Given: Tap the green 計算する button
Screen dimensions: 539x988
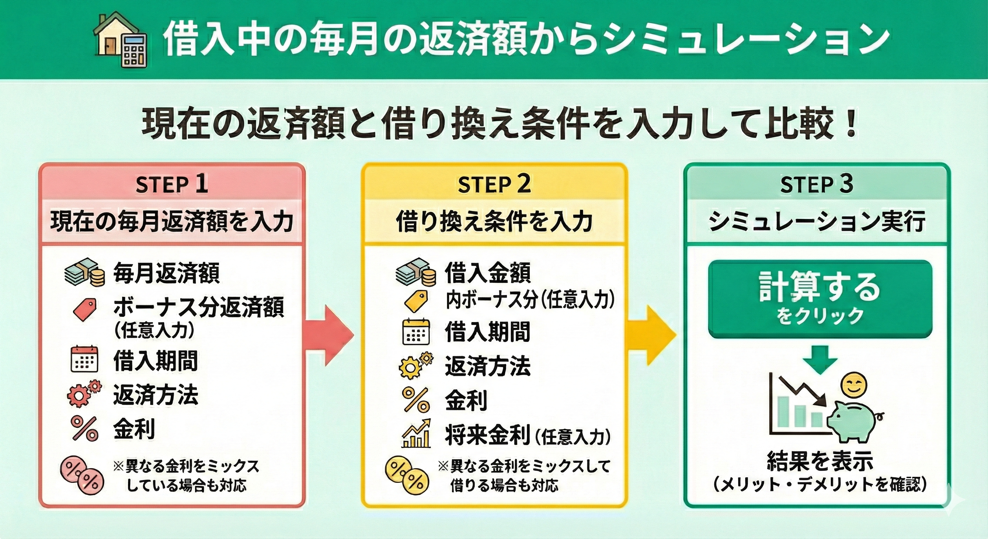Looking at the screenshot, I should [x=820, y=299].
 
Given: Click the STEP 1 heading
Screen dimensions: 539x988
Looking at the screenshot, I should [x=172, y=184].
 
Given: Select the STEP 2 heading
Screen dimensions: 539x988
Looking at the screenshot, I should [x=494, y=184].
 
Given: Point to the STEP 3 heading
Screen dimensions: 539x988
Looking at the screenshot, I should [x=816, y=184].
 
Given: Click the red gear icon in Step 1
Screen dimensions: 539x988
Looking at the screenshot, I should [x=84, y=394].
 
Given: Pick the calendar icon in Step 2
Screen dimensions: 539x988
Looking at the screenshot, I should [x=416, y=332].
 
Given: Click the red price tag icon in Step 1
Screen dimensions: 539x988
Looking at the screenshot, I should [x=85, y=309].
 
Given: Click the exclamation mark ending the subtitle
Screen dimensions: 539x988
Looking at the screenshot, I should [x=851, y=124].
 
